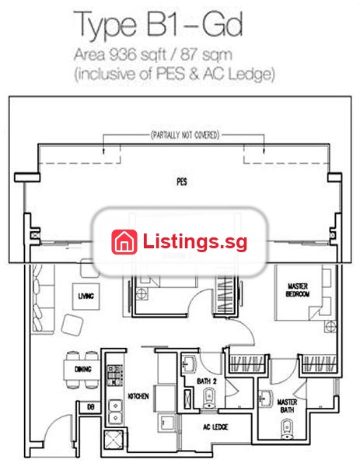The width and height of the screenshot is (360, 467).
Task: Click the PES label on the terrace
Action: tap(182, 181)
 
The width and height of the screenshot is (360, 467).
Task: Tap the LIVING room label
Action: tap(86, 296)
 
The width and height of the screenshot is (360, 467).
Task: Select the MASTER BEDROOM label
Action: tap(298, 290)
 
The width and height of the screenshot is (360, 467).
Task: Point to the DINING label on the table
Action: tap(83, 369)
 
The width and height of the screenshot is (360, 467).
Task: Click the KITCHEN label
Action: tap(138, 396)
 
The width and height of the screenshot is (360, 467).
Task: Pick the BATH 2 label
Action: tap(207, 381)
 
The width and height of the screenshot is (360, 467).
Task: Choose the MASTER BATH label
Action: tap(287, 406)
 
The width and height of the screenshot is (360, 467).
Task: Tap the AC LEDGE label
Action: tap(215, 427)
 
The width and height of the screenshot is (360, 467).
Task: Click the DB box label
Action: tap(91, 407)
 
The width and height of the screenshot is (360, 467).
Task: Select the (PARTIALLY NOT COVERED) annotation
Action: tap(185, 135)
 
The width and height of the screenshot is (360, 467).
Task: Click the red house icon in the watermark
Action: tap(124, 242)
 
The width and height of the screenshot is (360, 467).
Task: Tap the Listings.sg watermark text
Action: tap(195, 241)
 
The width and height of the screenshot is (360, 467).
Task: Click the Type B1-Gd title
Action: tap(158, 24)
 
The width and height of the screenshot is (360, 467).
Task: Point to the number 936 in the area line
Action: tap(122, 54)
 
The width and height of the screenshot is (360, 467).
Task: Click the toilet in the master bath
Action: tap(287, 429)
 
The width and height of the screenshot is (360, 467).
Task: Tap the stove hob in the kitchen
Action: tap(115, 375)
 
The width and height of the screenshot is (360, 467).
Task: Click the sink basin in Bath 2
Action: tap(189, 363)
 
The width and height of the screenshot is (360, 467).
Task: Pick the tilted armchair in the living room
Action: tap(72, 325)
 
